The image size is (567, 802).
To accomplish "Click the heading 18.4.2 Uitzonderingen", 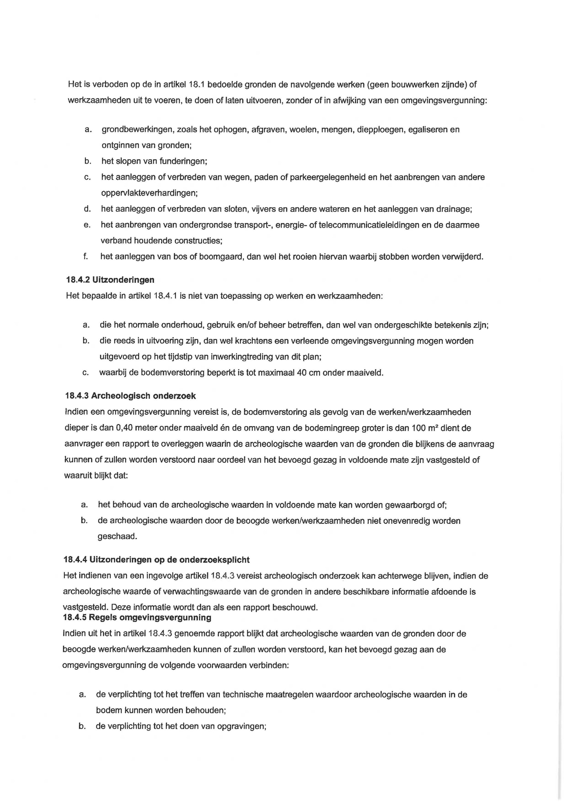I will coord(110,280).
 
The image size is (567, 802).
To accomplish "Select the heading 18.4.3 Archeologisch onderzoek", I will coord(130,396).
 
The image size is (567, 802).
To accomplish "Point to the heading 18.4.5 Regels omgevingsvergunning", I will coord(137,617).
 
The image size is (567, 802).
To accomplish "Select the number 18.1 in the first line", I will coord(196,85).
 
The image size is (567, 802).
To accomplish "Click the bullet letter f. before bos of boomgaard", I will coord(85,257).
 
